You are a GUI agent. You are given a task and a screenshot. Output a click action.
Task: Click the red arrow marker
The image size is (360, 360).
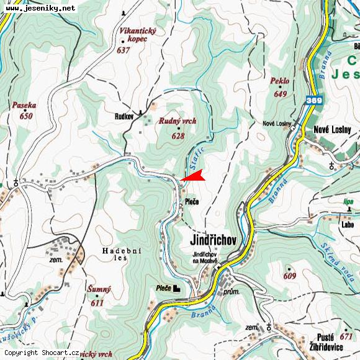pyautogui.click(x=194, y=177)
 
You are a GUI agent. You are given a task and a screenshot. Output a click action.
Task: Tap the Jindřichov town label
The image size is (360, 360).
pyautogui.click(x=213, y=240)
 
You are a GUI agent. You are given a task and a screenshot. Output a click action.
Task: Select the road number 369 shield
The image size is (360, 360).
pyautogui.click(x=314, y=99)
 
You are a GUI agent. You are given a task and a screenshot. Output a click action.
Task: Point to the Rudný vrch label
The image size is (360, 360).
pyautogui.click(x=178, y=121)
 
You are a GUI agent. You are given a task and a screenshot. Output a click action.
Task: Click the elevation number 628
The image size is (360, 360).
pyautogui.click(x=178, y=135)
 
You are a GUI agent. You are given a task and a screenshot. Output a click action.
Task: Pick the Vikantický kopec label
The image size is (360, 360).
pyautogui.click(x=138, y=35)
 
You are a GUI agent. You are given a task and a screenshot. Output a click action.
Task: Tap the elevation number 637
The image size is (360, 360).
pyautogui.click(x=123, y=50)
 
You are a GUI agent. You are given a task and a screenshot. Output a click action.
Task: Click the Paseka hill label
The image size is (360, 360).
pyautogui.click(x=24, y=106)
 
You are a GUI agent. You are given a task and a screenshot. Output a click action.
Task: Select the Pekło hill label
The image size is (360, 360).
pyautogui.click(x=280, y=81)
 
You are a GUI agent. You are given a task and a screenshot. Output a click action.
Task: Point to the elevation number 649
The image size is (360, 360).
pyautogui.click(x=281, y=94)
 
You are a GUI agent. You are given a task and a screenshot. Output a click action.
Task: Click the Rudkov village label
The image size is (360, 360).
pyautogui.click(x=125, y=116)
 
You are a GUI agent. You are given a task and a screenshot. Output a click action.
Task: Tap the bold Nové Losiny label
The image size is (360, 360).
pyautogui.click(x=329, y=130)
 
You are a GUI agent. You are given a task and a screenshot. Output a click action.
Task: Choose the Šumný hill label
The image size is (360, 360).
pyautogui.click(x=99, y=290)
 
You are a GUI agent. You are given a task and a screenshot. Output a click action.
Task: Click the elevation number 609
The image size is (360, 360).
pyautogui.click(x=290, y=276)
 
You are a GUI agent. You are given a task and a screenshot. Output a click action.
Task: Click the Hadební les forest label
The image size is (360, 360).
pyautogui.click(x=122, y=253)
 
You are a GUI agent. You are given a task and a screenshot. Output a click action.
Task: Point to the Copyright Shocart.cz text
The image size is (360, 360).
pyautogui.click(x=42, y=353)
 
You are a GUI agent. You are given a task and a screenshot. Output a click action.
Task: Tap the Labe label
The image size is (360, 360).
pyautogui.click(x=347, y=225)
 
